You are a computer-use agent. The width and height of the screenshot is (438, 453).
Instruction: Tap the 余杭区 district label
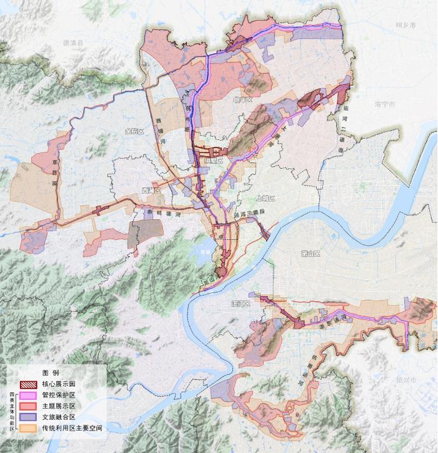134,131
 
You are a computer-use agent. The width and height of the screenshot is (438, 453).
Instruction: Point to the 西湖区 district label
151,189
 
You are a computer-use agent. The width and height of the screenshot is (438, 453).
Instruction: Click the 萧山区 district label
310,254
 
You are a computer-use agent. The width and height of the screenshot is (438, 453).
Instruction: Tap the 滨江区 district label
239,304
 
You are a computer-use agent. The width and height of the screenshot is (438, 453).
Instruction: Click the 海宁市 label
387,104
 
